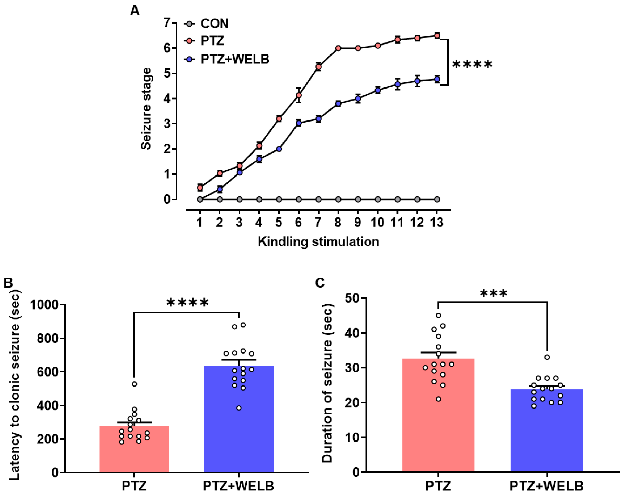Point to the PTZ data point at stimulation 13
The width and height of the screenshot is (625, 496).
click(437, 36)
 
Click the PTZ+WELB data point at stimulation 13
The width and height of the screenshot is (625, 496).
click(437, 79)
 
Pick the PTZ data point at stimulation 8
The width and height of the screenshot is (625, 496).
click(338, 48)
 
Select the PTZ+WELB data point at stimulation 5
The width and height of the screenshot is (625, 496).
click(279, 149)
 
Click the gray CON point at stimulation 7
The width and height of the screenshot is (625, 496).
click(318, 200)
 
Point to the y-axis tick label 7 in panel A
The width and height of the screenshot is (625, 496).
click(167, 23)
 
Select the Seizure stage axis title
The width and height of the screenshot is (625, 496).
click(146, 108)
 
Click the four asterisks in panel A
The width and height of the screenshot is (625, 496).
click(472, 64)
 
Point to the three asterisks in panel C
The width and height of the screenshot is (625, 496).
click(493, 294)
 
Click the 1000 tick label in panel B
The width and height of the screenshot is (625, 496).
click(44, 305)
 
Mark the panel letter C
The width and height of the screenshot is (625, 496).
click(320, 283)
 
